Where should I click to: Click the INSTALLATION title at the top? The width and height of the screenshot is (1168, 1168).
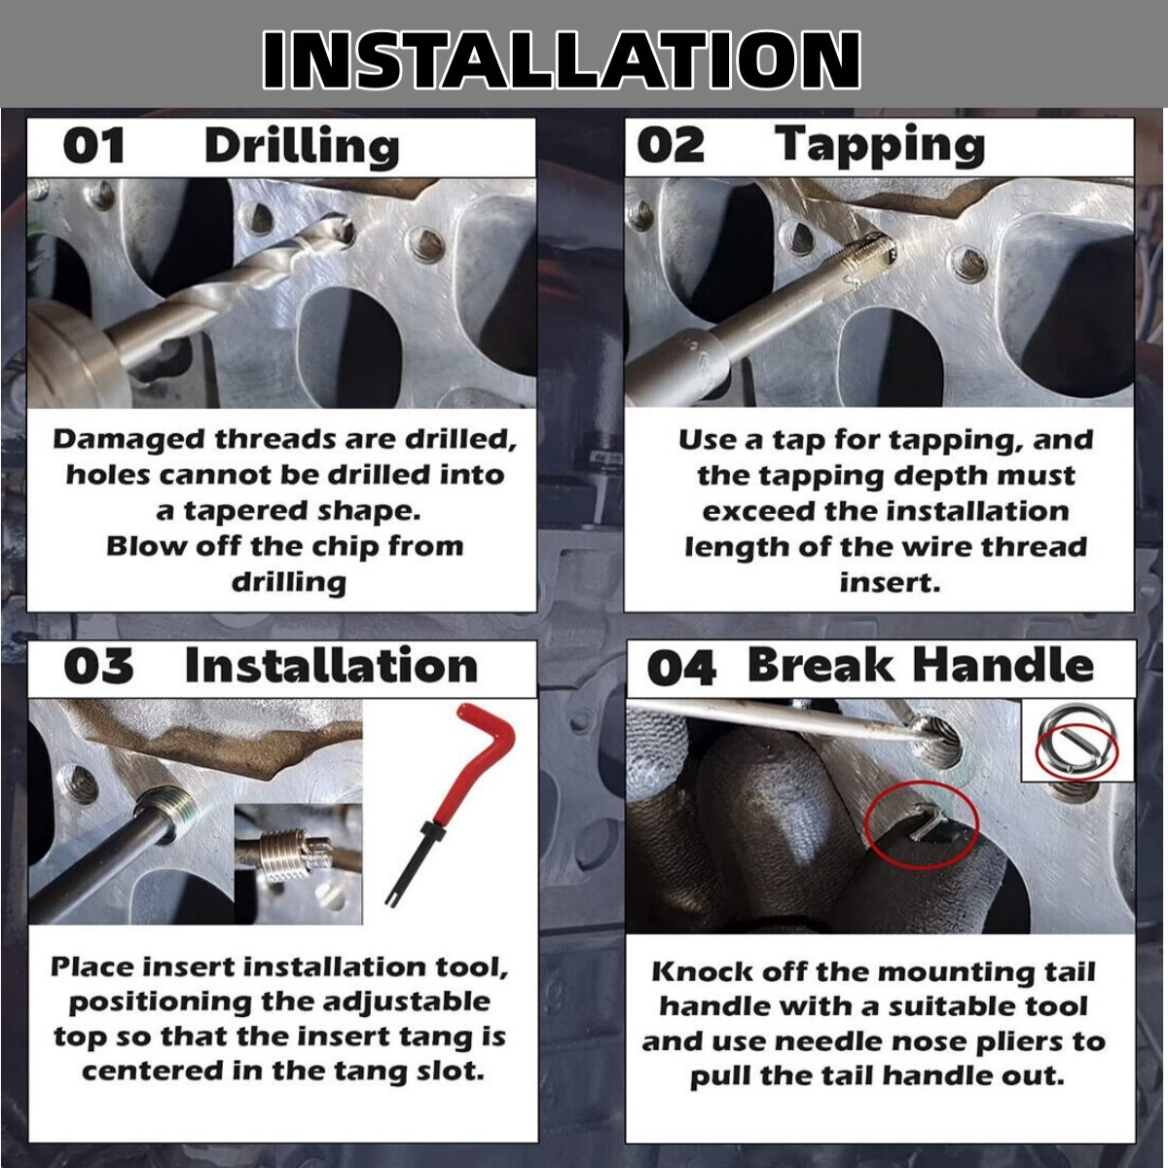[x=562, y=59]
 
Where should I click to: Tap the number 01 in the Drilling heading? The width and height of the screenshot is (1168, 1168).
[x=93, y=146]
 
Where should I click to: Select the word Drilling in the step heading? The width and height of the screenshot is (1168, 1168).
[x=302, y=147]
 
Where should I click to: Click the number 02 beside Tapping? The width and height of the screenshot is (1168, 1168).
[x=671, y=146]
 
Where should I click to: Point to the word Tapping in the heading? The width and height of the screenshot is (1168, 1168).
[x=880, y=146]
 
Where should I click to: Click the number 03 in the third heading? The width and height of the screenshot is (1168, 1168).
[x=98, y=666]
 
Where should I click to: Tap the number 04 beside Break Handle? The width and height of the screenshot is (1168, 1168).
[x=681, y=669]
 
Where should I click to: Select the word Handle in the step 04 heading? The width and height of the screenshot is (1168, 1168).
[x=1004, y=665]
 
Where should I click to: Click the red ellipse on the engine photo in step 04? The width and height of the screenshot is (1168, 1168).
[x=921, y=824]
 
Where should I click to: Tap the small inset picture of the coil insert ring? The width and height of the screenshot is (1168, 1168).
[x=1077, y=740]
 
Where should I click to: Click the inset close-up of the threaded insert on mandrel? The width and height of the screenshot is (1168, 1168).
[x=298, y=864]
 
